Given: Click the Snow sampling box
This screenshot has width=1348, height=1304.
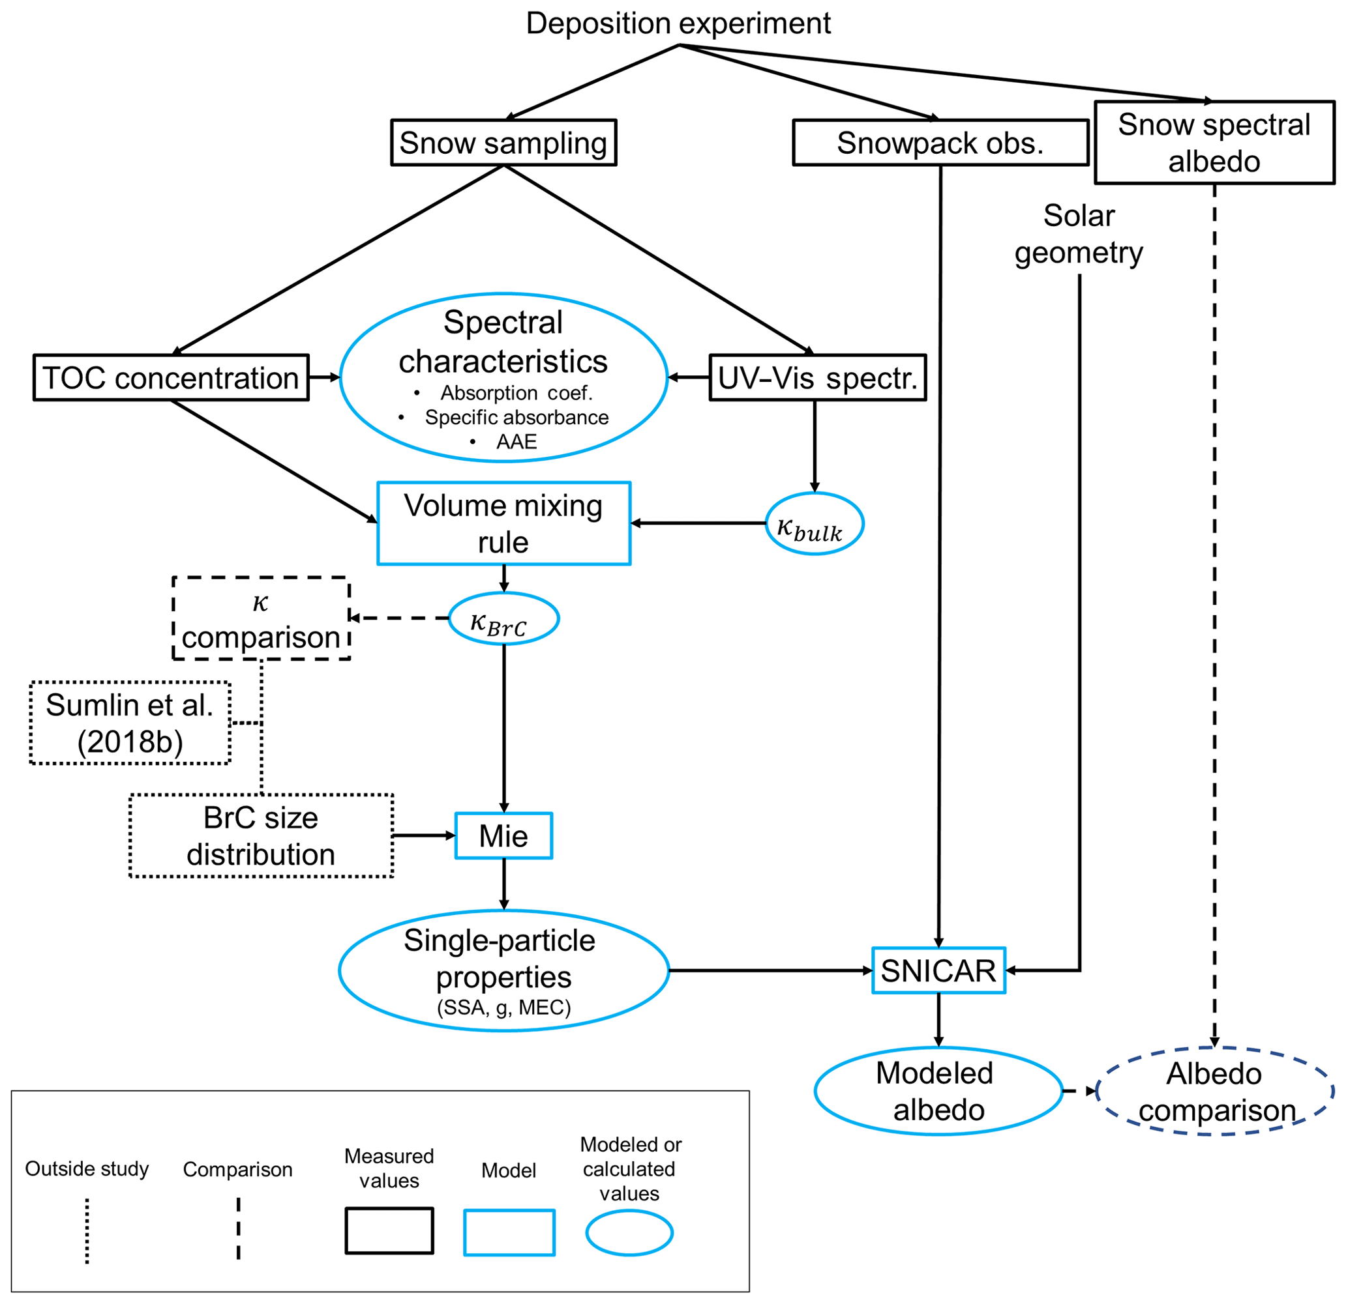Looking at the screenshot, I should pos(503,143).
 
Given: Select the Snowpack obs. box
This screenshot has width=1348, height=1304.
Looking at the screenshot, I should pos(940,143).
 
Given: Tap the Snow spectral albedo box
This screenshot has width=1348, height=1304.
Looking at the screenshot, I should pos(1214,143).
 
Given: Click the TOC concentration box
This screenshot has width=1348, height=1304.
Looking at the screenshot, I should pos(171,377).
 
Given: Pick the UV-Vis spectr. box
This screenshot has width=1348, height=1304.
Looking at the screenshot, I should pos(817,377).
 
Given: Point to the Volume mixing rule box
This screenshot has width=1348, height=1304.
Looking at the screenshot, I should pos(503,523).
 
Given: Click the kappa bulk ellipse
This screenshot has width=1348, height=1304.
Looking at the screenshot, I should pos(815,524).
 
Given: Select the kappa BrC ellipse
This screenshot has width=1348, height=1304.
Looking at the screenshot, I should pos(503,618).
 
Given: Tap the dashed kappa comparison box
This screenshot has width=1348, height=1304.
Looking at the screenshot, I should pos(262,618).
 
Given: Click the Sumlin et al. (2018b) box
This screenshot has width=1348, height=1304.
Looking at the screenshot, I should pos(130,723).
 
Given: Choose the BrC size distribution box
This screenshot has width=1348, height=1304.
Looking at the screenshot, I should pos(262,835).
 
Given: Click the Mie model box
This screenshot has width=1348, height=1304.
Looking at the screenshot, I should pos(503,836).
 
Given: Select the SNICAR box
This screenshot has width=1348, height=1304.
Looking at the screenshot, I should pos(938,970).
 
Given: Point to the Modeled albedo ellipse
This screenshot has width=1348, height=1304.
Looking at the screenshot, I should pos(938,1091).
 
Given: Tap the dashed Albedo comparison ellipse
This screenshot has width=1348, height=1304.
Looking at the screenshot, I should pos(1214,1092).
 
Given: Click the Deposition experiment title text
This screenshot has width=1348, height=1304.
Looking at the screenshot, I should pos(678,23).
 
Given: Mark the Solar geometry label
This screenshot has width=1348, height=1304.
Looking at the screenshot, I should pos(1079,234).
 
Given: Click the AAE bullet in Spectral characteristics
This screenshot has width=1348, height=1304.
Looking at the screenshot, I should pos(516,441).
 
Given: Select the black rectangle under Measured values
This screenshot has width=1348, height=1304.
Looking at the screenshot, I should pos(389,1231).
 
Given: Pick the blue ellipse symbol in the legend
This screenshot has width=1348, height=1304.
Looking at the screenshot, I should pos(629,1232).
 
